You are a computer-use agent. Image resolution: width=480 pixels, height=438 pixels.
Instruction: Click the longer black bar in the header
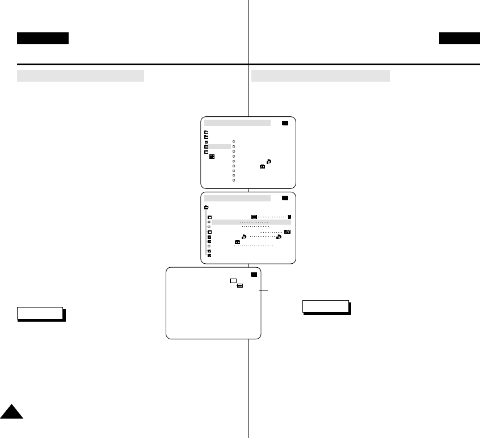click(43, 38)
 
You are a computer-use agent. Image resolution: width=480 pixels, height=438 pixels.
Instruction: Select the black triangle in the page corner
click(11, 411)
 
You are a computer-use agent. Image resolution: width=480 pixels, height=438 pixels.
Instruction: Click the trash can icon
click(289, 217)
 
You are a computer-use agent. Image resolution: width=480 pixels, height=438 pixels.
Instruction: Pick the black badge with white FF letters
click(287, 231)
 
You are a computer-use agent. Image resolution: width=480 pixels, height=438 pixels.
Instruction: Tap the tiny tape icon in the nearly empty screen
click(240, 286)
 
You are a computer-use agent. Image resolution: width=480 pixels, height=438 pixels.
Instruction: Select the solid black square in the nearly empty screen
click(254, 275)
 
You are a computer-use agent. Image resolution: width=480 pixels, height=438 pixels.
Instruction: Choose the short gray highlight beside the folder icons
click(220, 146)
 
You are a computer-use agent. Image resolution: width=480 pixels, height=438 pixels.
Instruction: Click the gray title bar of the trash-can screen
click(237, 198)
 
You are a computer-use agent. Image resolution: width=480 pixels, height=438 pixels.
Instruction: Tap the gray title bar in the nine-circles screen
click(237, 123)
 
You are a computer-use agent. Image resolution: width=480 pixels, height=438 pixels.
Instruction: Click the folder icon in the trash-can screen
click(207, 207)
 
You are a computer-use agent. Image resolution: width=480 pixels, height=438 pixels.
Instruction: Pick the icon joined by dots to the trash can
click(254, 217)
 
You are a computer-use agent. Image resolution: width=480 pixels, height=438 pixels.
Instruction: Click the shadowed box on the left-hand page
click(40, 314)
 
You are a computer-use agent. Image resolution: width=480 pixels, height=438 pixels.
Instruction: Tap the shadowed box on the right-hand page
click(326, 306)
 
